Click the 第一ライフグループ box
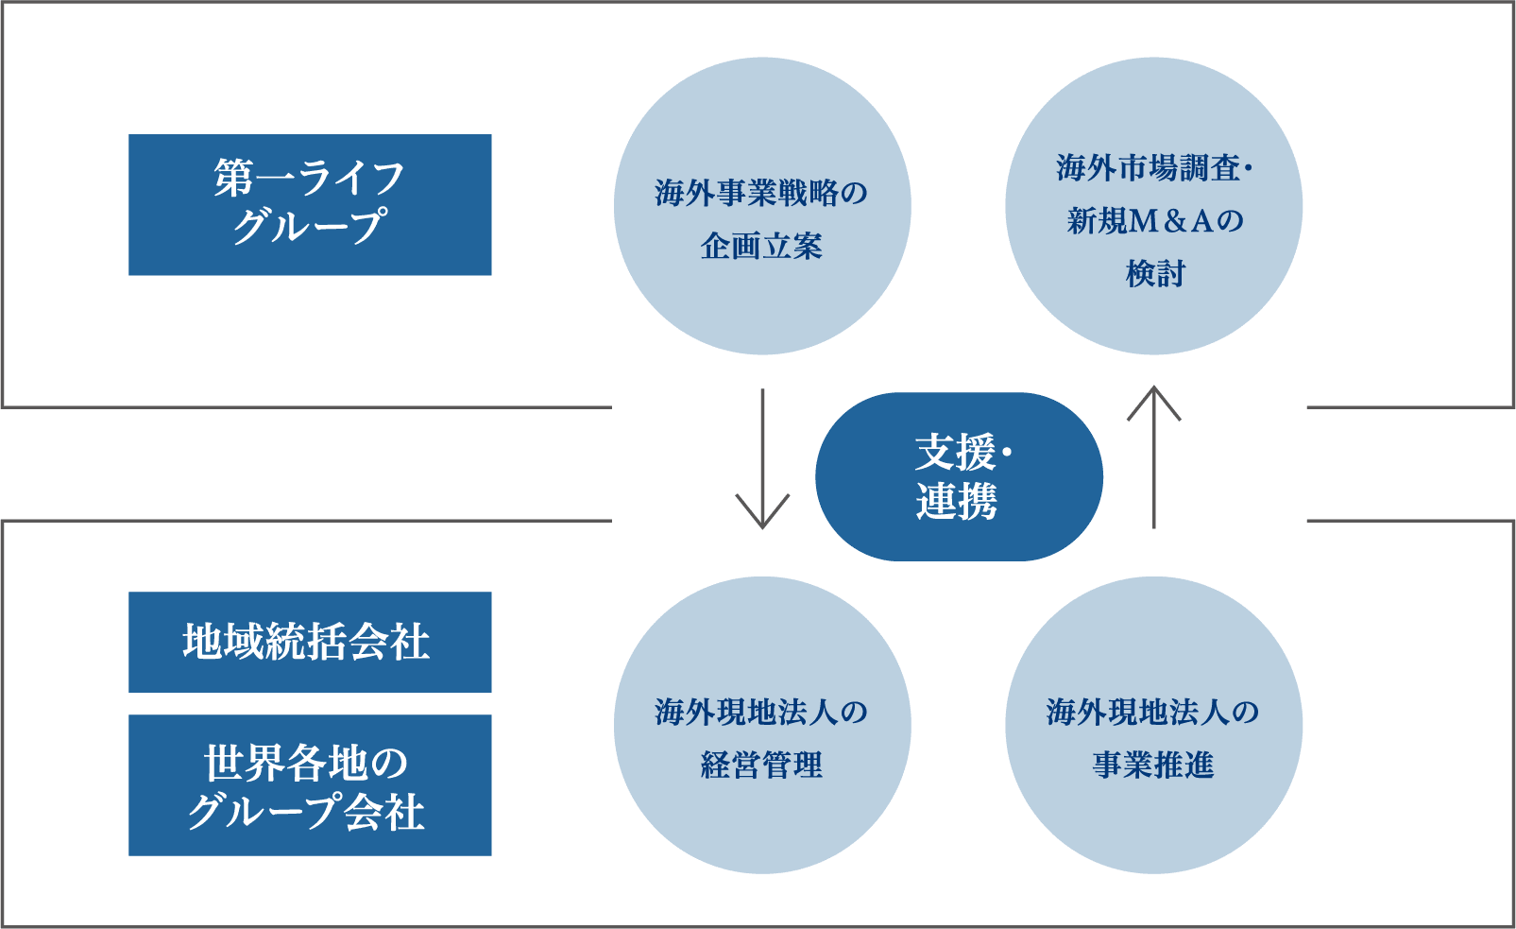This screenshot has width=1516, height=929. (310, 204)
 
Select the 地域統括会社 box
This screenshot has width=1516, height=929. (310, 642)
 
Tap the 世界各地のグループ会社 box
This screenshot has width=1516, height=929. (310, 784)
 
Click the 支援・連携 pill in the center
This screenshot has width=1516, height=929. (959, 476)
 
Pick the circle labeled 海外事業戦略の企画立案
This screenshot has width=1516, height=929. (762, 206)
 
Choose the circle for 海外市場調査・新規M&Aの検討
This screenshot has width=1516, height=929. (1153, 206)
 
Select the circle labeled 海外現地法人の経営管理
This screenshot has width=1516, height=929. (762, 725)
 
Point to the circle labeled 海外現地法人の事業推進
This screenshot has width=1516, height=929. (1153, 725)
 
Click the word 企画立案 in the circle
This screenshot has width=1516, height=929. (761, 247)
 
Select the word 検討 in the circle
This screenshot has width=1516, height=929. (1154, 274)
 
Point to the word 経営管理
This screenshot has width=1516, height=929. (761, 765)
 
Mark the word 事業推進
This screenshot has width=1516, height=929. (1153, 765)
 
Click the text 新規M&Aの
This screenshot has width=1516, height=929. (1154, 221)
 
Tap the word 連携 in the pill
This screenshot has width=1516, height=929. (956, 502)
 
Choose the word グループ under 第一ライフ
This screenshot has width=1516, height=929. (309, 227)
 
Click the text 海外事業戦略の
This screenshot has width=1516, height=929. (761, 194)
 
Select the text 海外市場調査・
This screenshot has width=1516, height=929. (1153, 168)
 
